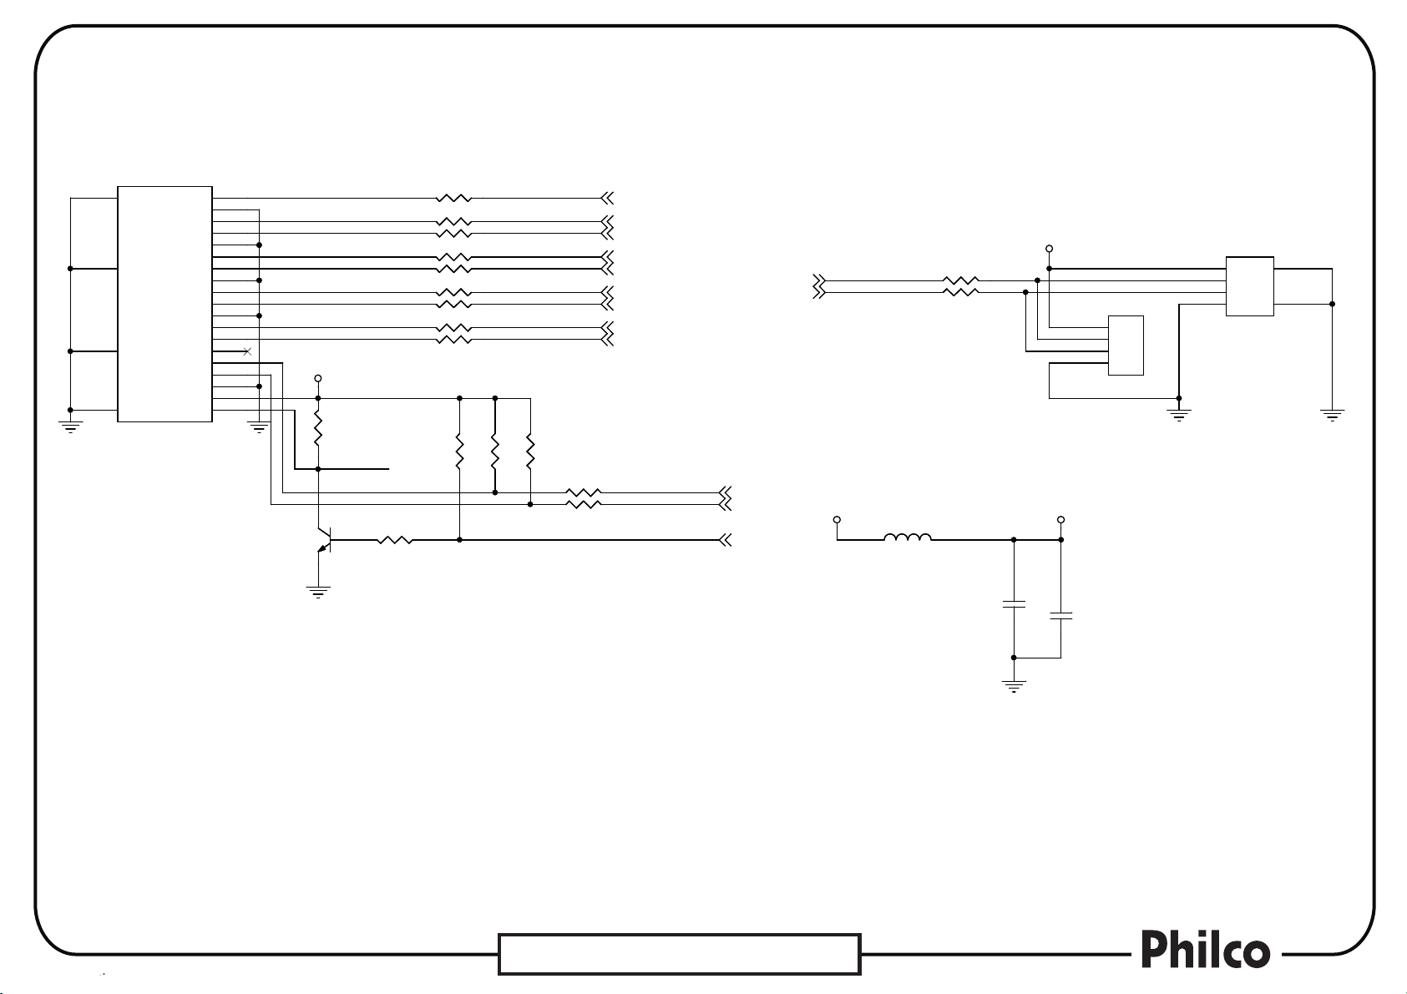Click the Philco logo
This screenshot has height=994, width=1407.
1206,951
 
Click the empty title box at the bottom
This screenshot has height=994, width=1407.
679,954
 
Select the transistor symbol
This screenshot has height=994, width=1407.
325,540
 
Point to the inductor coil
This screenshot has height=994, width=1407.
908,538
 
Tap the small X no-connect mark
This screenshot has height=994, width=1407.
246,351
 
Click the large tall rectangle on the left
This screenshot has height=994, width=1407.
164,304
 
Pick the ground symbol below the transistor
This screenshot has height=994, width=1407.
318,592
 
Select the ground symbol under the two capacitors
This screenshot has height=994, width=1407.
1014,687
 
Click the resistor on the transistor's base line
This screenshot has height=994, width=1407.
394,540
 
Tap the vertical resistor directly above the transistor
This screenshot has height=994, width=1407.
318,431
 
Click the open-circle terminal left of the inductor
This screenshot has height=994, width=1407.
838,520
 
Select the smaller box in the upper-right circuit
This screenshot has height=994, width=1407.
1125,346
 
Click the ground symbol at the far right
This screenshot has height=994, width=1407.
1333,415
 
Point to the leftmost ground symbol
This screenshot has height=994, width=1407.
70,426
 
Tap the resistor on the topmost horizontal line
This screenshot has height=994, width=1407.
453,199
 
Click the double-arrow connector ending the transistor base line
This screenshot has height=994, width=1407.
725,540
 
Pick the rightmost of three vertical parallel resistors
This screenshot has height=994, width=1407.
530,451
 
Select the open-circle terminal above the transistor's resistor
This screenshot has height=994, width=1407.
318,378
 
